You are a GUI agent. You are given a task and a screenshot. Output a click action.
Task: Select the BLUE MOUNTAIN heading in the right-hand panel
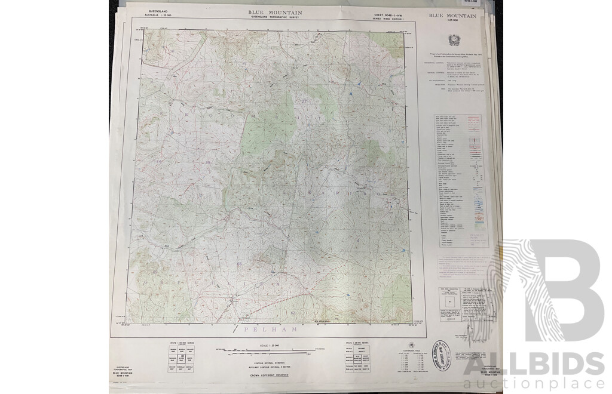(452, 16)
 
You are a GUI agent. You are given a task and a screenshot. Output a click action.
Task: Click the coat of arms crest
(453, 40)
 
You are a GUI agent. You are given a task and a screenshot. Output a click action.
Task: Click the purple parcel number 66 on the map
(240, 263)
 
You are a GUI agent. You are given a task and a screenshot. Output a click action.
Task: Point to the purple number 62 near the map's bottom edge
(292, 312)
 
